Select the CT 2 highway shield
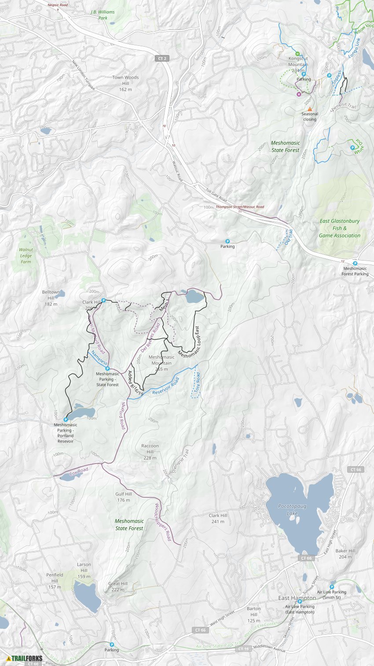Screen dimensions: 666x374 pos(161,59)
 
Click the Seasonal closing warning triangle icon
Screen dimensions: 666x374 pos(310,109)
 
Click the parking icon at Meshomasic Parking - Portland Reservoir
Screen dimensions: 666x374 pos(66,419)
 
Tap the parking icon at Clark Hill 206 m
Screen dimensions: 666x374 pos(103,300)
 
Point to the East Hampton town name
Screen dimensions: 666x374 pos(297,598)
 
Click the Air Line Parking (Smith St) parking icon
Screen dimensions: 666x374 pos(332,587)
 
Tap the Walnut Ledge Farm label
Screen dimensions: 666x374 pos(26,256)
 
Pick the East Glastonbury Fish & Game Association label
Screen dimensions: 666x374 pos(340,228)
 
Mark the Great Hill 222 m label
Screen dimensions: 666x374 pos(118,586)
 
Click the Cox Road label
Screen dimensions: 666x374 pos(79,472)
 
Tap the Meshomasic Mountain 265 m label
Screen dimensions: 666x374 pos(161,363)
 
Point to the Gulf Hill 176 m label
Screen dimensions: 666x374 pos(124,497)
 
